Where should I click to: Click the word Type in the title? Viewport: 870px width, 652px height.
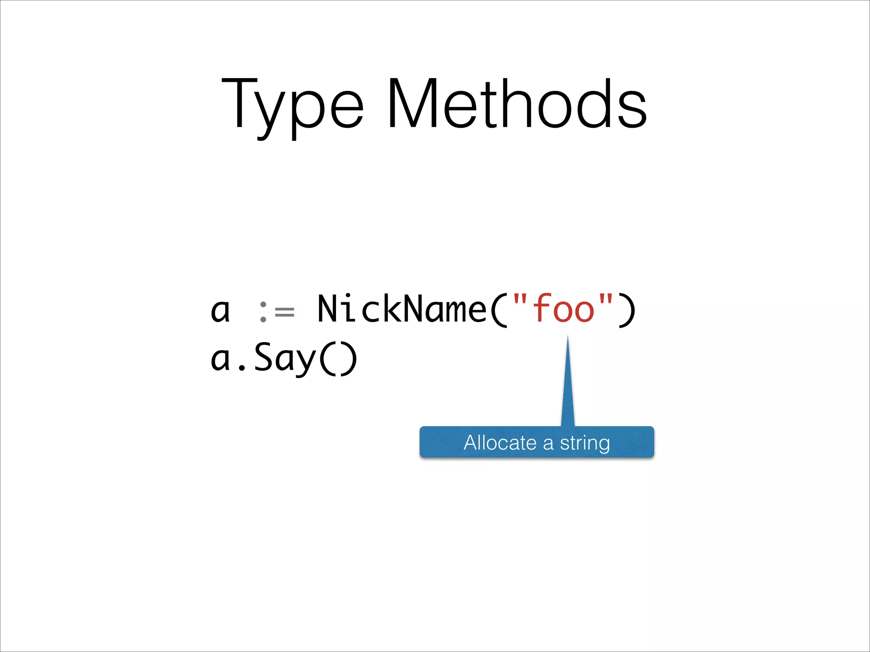coord(292,106)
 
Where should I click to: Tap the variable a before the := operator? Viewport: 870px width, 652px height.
coord(220,311)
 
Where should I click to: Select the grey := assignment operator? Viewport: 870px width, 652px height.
coord(277,312)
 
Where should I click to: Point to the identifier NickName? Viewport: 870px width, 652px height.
coord(401,309)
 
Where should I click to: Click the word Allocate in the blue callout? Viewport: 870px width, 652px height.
coord(500,443)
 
